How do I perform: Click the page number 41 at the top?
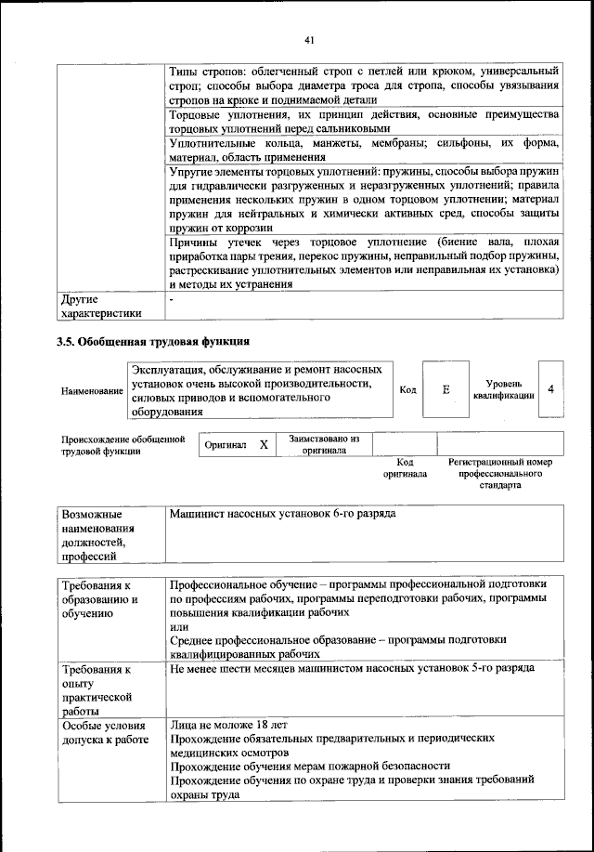(309, 39)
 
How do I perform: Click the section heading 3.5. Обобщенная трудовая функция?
(154, 342)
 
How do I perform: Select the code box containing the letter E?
(445, 390)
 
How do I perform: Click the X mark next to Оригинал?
(264, 445)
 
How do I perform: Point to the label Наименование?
(92, 391)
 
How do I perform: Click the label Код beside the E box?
(407, 390)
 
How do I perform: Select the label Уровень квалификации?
(503, 389)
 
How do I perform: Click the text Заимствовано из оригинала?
(324, 444)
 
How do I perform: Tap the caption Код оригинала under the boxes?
(405, 467)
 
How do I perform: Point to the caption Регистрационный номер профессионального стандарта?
(500, 473)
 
